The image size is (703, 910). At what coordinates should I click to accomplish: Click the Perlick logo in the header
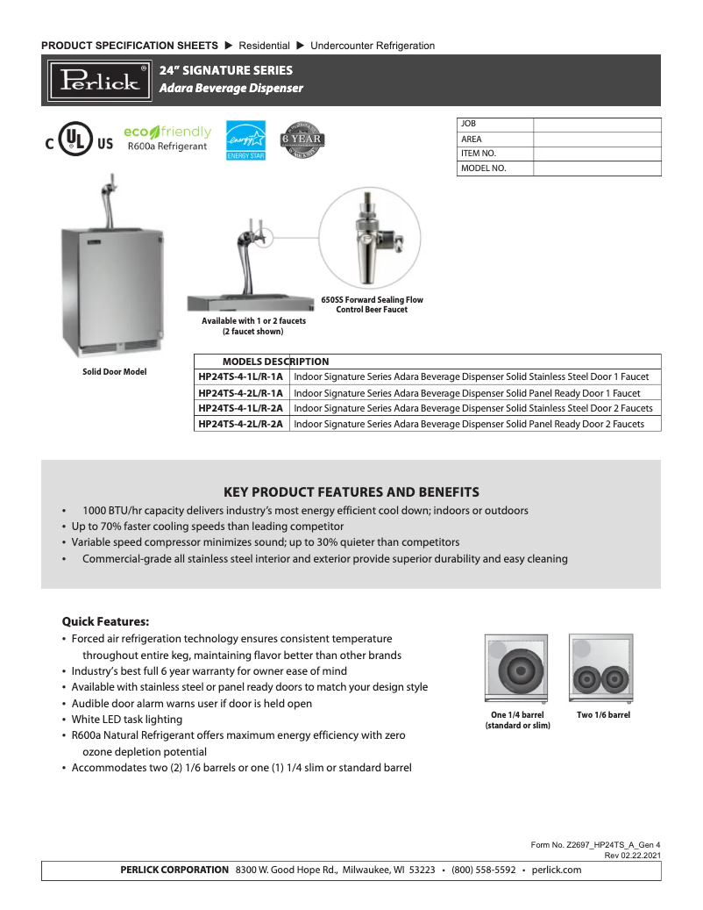coord(99,80)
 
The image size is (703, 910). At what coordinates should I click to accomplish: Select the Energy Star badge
coord(245,140)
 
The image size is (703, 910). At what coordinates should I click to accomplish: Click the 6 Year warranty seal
coord(302,140)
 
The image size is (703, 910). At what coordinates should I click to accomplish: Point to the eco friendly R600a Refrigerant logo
coord(167,139)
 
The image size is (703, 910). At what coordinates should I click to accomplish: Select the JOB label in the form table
coord(469,124)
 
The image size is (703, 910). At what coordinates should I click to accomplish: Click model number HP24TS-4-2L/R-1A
coord(241,393)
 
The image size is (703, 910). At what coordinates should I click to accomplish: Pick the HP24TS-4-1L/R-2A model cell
coord(241,408)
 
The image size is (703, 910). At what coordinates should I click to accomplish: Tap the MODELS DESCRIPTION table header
coord(275,362)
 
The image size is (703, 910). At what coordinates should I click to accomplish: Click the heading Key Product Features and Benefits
coord(351,491)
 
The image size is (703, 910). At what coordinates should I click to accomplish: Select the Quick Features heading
coord(105,621)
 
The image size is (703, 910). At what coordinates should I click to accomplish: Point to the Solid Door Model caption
coord(114,372)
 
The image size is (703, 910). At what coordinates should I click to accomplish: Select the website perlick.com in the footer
coord(557,870)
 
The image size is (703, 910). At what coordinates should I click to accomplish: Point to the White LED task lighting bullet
coord(127,720)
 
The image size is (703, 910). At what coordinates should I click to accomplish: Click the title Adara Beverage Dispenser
coord(231,89)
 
